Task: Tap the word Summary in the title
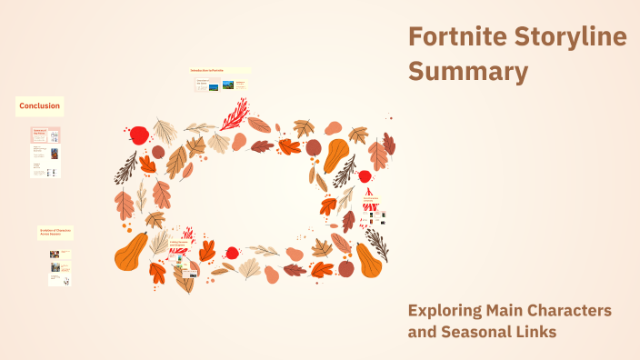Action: [467, 71]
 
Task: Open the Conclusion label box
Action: [39, 106]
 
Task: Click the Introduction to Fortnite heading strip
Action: [219, 70]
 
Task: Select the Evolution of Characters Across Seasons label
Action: [55, 233]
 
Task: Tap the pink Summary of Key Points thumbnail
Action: [45, 135]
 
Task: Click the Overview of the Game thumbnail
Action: [203, 85]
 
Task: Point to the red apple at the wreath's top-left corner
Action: [139, 135]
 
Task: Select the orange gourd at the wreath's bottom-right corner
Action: [368, 260]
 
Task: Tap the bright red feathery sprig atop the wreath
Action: [235, 115]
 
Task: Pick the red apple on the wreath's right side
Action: [365, 175]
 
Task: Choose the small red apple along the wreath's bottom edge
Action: [232, 253]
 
